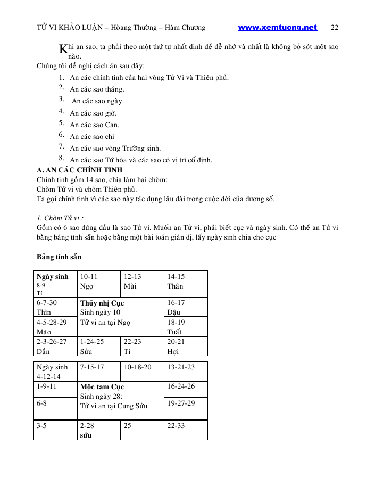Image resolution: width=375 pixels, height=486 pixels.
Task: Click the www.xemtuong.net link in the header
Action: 277,28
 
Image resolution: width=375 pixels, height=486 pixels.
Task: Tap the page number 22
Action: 335,28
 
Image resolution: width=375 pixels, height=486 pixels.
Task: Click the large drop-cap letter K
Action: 63,49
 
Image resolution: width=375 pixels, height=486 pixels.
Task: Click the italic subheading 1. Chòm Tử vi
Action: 61,218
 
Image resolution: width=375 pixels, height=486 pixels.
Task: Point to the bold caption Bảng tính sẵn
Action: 59,257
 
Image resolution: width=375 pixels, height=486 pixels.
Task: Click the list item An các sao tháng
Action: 97,89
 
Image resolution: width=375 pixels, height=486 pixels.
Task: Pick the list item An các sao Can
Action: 95,125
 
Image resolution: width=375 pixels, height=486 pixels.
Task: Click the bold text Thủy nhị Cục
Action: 102,303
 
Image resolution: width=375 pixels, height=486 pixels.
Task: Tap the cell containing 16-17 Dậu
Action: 186,307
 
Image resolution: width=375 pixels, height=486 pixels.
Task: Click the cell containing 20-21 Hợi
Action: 186,346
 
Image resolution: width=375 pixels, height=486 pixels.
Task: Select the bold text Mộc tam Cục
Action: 102,387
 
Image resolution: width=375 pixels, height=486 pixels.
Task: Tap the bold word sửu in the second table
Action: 86,435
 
